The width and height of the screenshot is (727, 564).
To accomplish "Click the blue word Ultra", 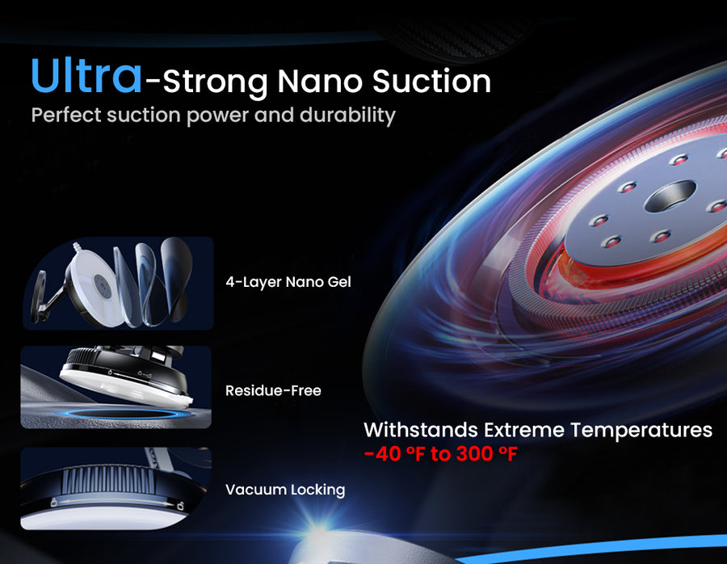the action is (x=86, y=76).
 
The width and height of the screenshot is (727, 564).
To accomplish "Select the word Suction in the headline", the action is (x=431, y=81).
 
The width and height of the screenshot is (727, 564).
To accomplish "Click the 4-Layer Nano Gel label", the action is (x=288, y=282).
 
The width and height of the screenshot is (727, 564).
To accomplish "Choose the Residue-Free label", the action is (x=273, y=390).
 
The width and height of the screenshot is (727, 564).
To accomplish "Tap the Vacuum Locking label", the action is (x=285, y=490).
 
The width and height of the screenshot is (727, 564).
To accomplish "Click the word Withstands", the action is (x=421, y=430).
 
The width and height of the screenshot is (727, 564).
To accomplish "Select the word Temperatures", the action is (x=641, y=431).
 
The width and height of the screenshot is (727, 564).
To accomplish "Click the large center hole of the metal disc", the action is (x=670, y=196).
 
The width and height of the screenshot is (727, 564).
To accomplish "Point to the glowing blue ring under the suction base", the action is (x=126, y=413).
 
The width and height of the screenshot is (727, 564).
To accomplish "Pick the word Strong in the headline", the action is (x=215, y=82).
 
